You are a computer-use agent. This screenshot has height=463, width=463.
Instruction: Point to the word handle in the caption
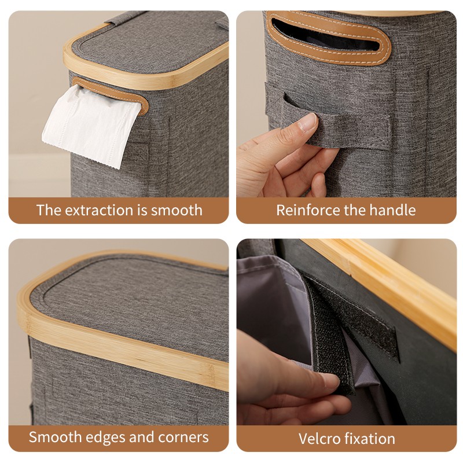394,210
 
